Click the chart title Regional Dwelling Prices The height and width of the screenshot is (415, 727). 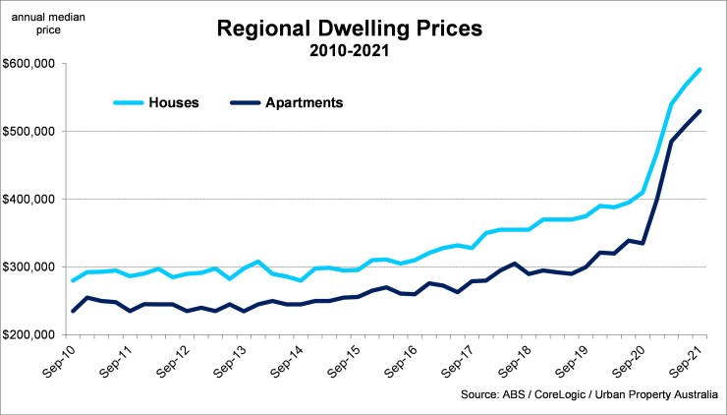click(350, 28)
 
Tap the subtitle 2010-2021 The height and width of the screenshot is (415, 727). click(350, 50)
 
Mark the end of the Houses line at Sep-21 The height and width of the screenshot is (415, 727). click(699, 69)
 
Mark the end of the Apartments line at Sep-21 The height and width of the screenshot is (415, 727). click(699, 111)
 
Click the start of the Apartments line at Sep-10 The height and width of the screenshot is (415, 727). click(73, 311)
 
